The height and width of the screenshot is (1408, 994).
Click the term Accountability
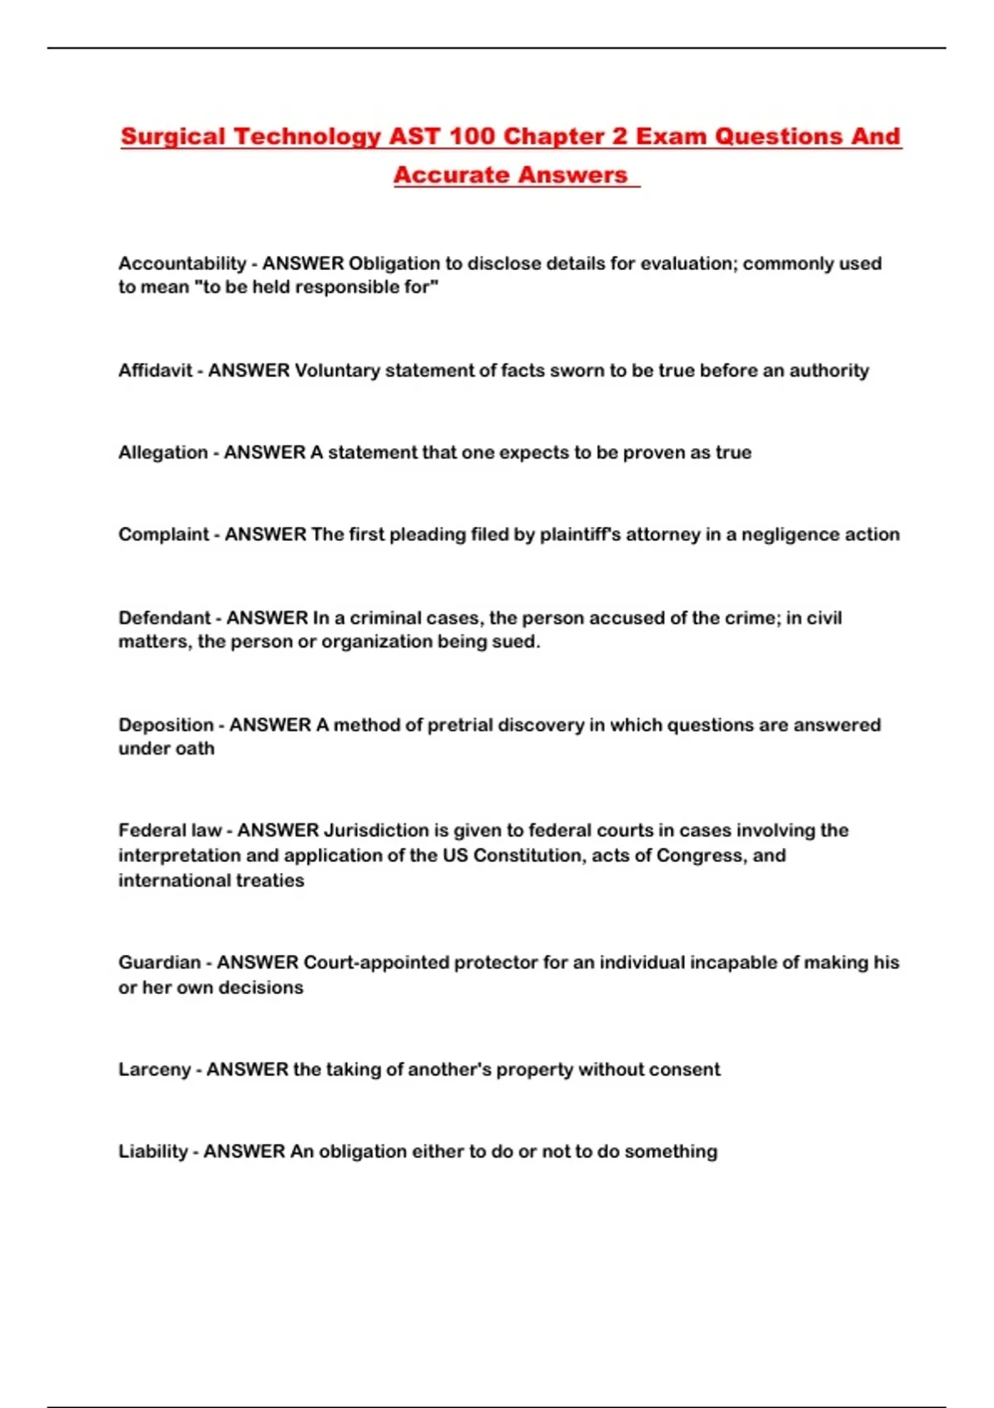pos(181,263)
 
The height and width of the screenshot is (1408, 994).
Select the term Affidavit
pos(155,370)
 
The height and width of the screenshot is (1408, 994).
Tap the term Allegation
pos(162,452)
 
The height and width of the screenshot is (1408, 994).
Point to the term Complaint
pos(163,534)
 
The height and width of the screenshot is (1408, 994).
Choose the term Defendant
pos(164,618)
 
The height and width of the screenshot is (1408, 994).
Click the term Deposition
pos(166,725)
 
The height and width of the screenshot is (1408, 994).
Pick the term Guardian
pos(159,962)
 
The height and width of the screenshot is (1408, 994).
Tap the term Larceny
pos(154,1069)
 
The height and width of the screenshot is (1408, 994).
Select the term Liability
pos(152,1151)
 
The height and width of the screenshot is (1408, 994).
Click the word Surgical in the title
pos(172,137)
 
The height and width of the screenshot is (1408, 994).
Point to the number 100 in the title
pos(472,137)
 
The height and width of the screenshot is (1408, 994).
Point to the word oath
pos(195,749)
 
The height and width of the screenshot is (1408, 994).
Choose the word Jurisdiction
pos(374,830)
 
